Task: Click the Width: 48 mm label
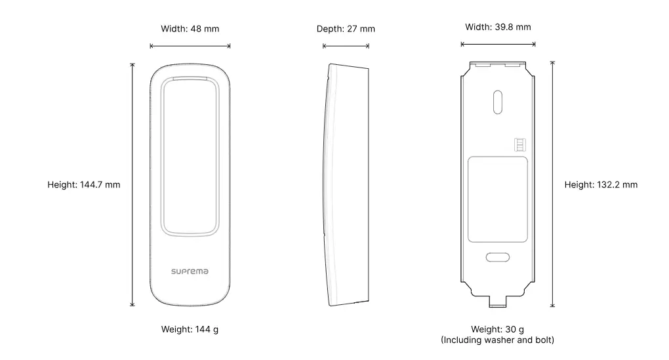pyautogui.click(x=190, y=29)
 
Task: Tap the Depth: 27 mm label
pyautogui.click(x=346, y=29)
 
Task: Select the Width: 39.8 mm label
pyautogui.click(x=498, y=28)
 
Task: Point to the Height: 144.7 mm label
pyautogui.click(x=84, y=185)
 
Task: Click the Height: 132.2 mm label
pyautogui.click(x=601, y=185)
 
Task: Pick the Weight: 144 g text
pyautogui.click(x=190, y=329)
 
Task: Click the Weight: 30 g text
pyautogui.click(x=497, y=329)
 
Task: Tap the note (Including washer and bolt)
pyautogui.click(x=497, y=340)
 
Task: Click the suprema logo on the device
pyautogui.click(x=190, y=271)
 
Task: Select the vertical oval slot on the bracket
pyautogui.click(x=497, y=102)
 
